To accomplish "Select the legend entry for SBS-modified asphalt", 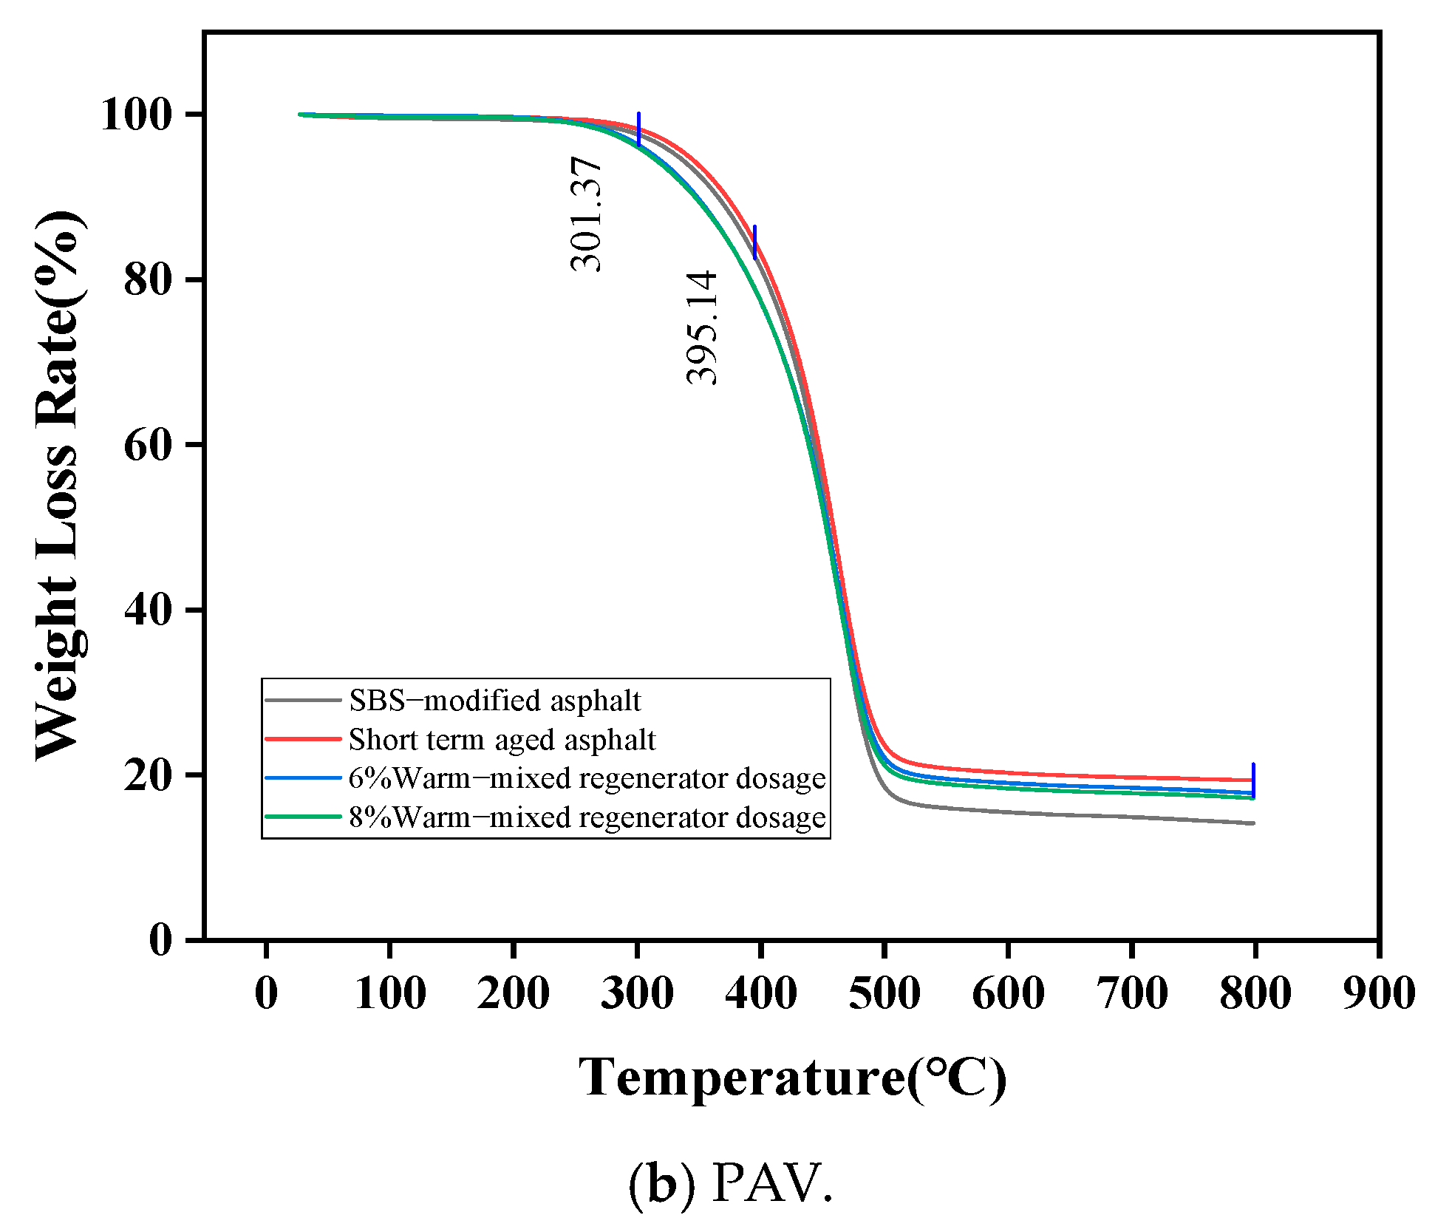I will (494, 701).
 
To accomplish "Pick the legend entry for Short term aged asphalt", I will (502, 740).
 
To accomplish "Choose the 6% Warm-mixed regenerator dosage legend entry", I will (587, 778).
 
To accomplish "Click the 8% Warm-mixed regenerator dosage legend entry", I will (587, 817).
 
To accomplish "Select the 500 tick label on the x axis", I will (884, 993).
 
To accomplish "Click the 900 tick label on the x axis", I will (1378, 993).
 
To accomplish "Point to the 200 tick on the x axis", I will (513, 993).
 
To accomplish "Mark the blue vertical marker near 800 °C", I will (1253, 780).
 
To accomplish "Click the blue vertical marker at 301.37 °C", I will (638, 129).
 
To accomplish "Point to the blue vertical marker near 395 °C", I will (754, 242).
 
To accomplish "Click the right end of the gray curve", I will (1253, 823).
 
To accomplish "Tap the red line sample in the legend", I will (303, 739).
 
